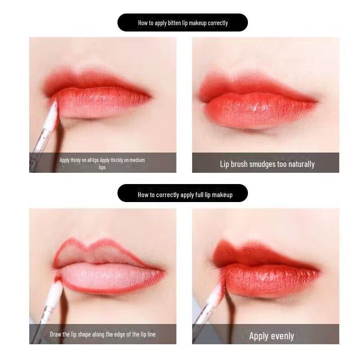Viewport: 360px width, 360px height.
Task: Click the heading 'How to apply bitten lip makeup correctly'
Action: (183, 22)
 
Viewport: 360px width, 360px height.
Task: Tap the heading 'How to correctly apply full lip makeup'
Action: (185, 194)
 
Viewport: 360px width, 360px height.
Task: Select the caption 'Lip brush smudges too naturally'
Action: (267, 164)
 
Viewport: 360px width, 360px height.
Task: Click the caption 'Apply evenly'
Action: (271, 336)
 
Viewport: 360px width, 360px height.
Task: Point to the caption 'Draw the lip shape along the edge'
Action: (103, 334)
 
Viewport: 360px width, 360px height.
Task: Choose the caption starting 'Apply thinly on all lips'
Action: (103, 163)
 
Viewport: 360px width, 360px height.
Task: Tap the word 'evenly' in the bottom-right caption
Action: (282, 336)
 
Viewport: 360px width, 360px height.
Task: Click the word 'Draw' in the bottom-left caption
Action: (56, 334)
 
